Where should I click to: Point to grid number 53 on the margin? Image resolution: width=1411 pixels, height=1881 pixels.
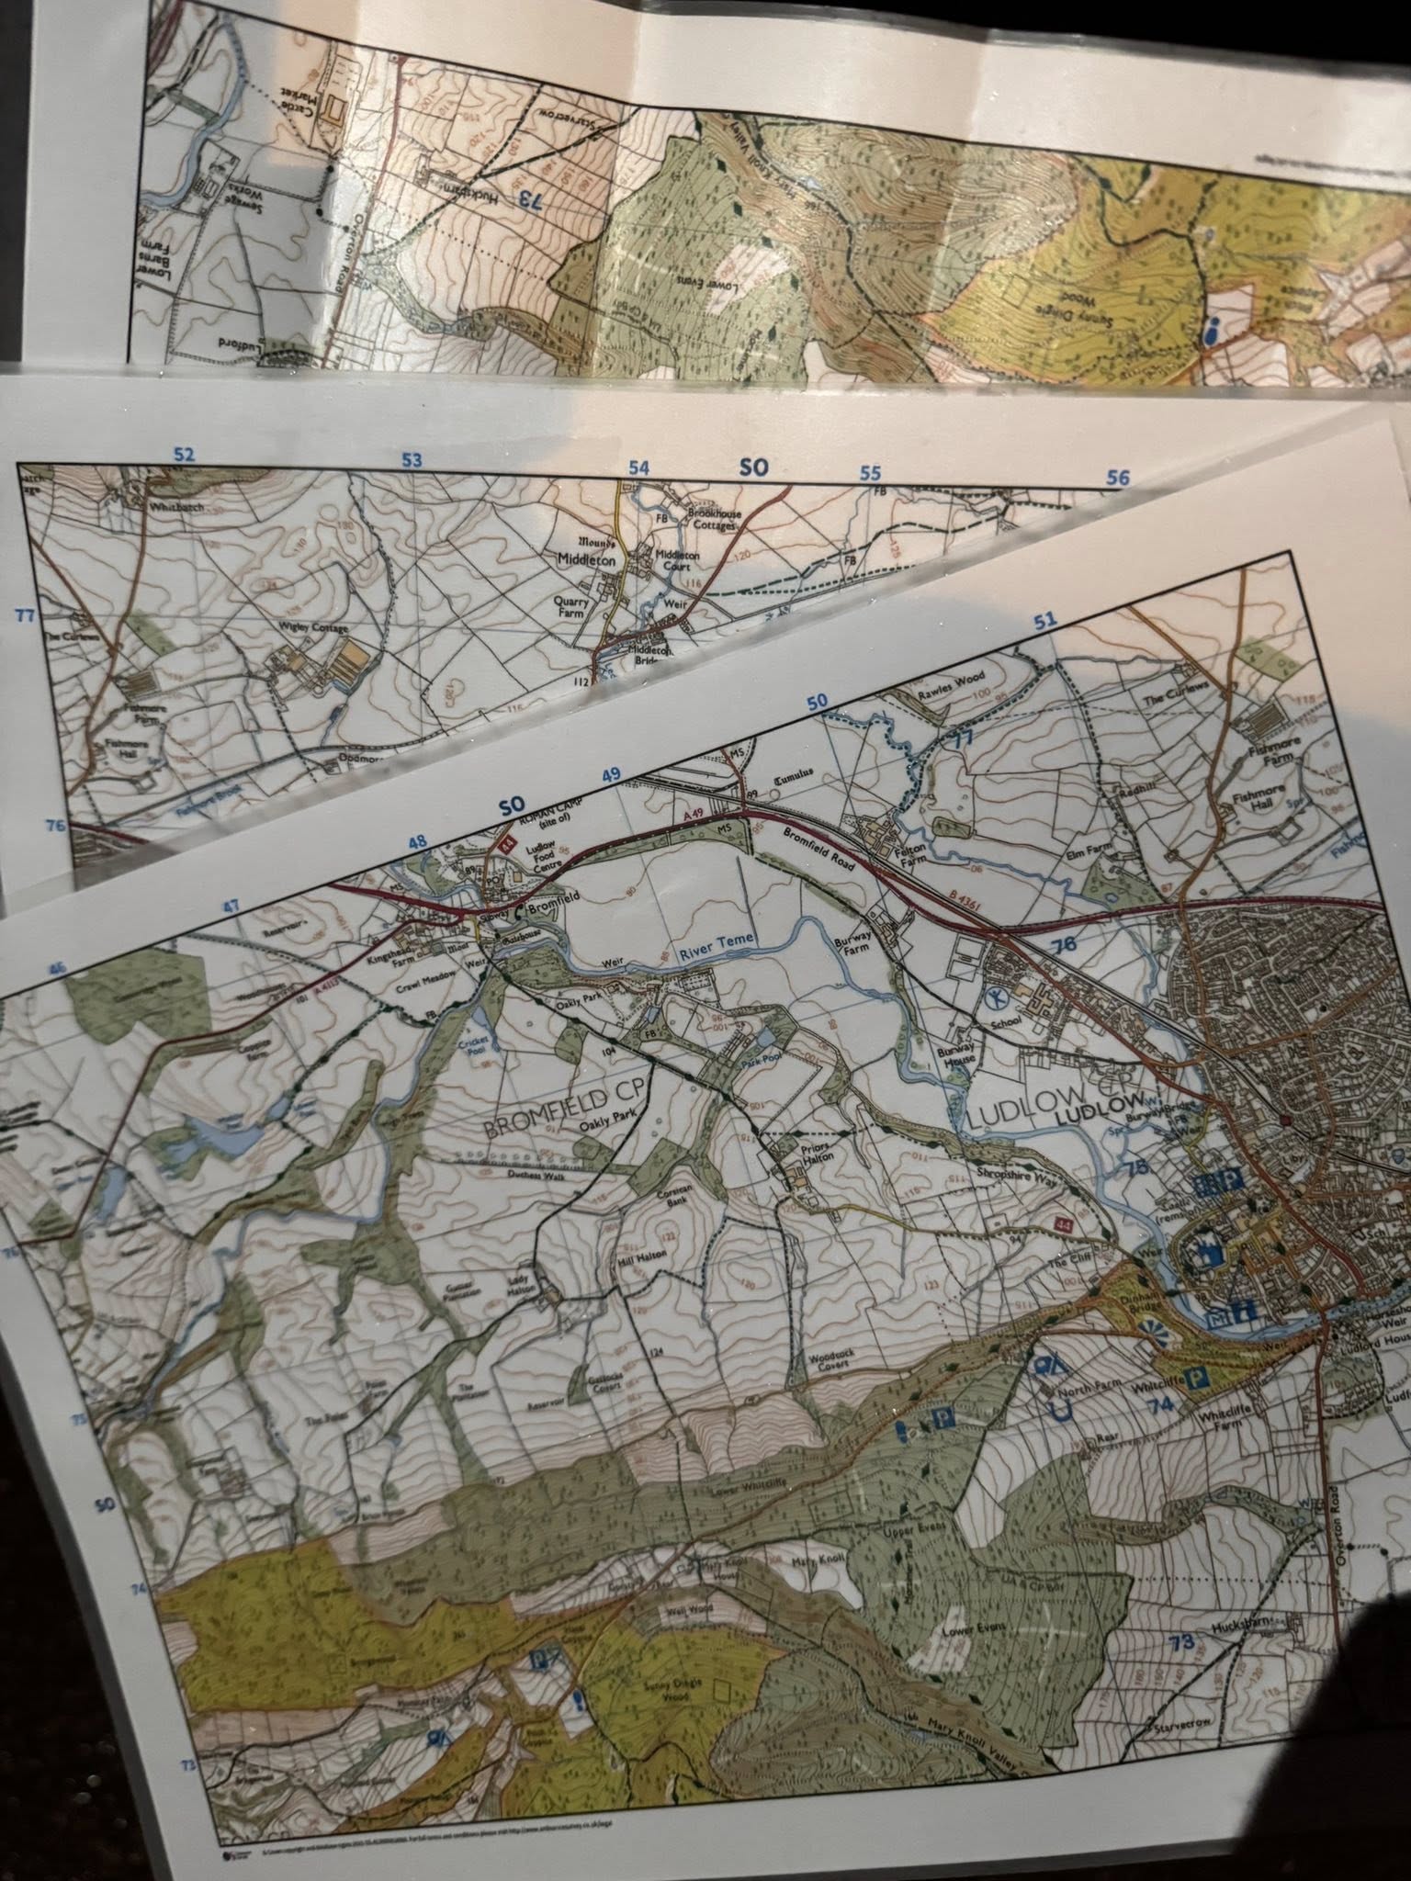(x=412, y=461)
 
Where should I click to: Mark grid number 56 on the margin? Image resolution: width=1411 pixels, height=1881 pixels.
(x=1117, y=478)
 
